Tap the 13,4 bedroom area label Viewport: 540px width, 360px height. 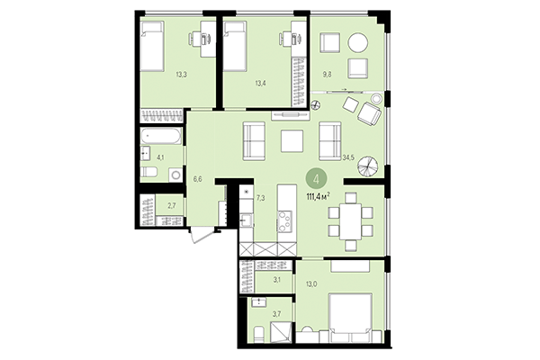pos(260,83)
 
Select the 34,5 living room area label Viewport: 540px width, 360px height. pos(348,157)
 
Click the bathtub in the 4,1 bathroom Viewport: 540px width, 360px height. pos(162,138)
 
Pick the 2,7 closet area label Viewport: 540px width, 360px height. pos(173,205)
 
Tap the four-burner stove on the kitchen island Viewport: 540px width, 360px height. pos(284,218)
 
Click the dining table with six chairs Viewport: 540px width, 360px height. pos(346,218)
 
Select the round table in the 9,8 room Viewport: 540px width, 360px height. pos(359,42)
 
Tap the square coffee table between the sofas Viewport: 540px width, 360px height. pos(292,141)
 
